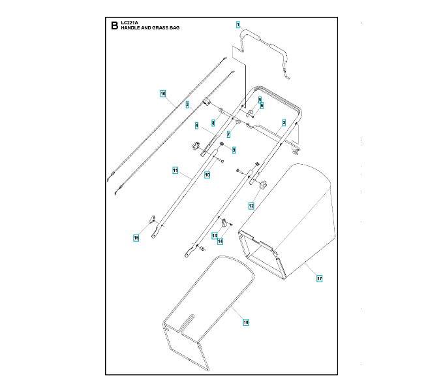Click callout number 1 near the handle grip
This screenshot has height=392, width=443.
[238, 24]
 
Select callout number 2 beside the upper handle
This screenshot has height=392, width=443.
[284, 123]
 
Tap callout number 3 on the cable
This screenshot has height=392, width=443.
[187, 104]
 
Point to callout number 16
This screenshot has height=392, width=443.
[163, 94]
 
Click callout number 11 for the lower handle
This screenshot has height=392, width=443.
[176, 171]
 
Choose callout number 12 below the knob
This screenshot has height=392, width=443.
[251, 205]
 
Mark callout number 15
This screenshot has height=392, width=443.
[136, 238]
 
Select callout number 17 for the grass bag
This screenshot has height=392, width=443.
[320, 279]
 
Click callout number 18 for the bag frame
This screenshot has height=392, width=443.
[245, 321]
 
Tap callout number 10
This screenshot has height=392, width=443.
[207, 174]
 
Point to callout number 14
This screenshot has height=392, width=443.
[221, 241]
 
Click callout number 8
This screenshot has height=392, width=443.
[213, 122]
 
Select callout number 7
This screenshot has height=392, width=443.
[228, 134]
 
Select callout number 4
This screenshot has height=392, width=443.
[196, 125]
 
